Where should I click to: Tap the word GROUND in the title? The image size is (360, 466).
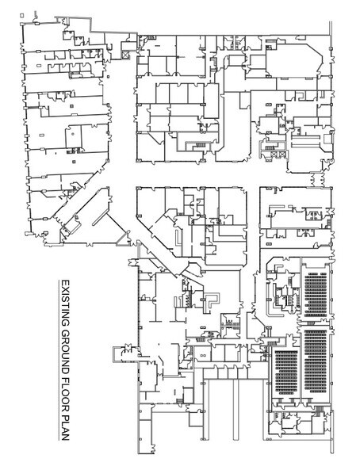[x=66, y=342]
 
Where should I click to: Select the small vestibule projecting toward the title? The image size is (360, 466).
[x=123, y=349]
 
